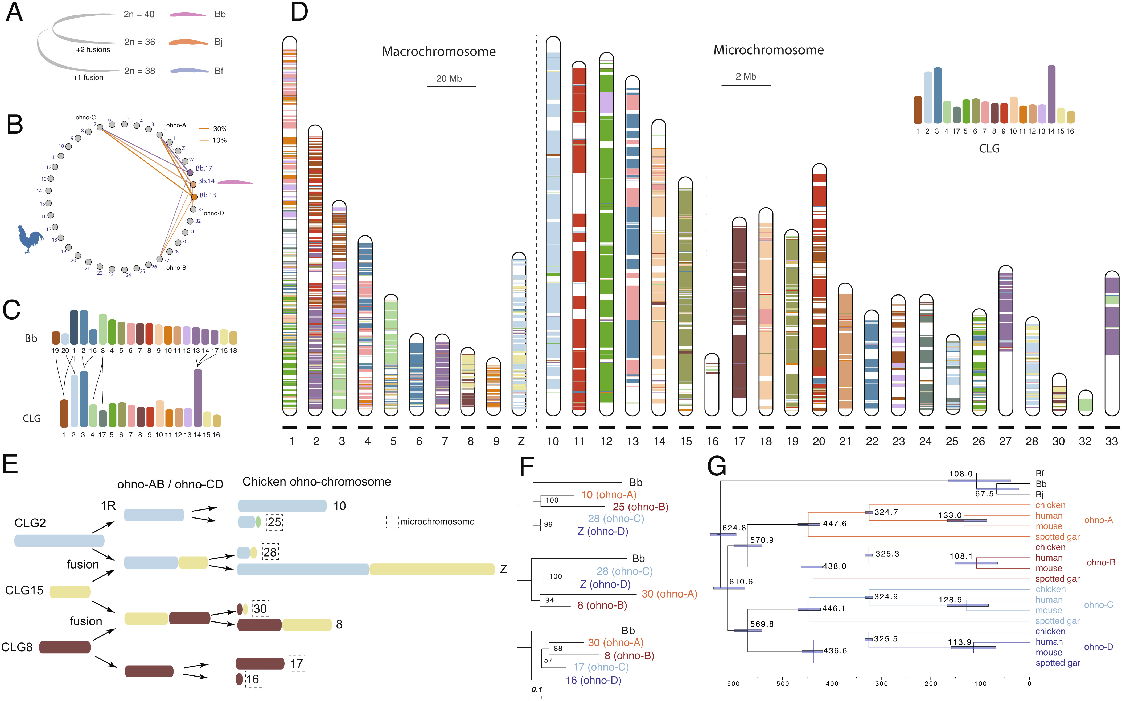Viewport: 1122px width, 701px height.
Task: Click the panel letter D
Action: [299, 13]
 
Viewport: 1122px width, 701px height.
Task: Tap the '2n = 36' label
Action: [139, 42]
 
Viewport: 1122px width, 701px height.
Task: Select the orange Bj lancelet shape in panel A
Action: [188, 43]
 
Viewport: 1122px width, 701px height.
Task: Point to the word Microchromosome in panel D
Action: [768, 50]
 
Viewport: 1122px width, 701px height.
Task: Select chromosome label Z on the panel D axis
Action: [521, 441]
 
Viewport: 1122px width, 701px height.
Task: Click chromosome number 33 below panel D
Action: [1111, 441]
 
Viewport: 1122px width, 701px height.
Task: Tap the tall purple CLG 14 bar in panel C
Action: [198, 397]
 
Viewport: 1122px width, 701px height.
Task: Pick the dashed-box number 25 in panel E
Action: [274, 522]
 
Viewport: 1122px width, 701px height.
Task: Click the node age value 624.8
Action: [734, 528]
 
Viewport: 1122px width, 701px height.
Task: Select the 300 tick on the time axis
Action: [881, 683]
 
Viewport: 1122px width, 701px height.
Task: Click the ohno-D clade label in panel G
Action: [1098, 647]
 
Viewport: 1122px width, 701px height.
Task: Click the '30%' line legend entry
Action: [220, 129]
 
